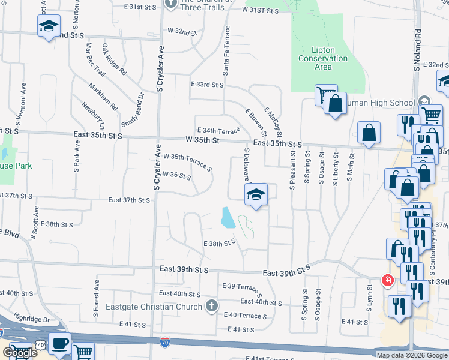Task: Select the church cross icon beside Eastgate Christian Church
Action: [211, 307]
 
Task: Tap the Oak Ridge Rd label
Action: [114, 59]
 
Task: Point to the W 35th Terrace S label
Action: [187, 161]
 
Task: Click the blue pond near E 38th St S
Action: [228, 217]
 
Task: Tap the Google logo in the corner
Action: [20, 353]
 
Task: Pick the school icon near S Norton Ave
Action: [49, 26]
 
